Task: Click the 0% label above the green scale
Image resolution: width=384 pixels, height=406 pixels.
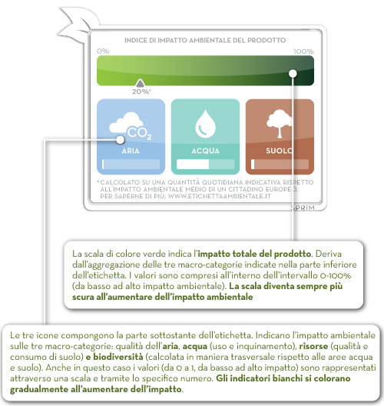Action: (x=103, y=51)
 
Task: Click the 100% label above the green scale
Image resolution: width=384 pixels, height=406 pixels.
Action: (x=303, y=52)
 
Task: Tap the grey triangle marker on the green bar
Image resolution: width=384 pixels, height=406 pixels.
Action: (x=140, y=83)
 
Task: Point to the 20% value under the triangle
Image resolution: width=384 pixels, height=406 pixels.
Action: (x=141, y=92)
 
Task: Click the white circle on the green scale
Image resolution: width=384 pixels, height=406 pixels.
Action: (x=293, y=74)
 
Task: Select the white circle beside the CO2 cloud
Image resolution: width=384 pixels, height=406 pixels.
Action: (x=120, y=140)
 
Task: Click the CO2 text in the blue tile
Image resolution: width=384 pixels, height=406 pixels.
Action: (x=139, y=133)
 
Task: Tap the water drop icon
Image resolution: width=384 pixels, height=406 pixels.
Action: (x=205, y=124)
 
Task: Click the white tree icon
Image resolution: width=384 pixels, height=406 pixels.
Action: (x=280, y=123)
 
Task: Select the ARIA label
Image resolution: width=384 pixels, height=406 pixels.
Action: (x=131, y=151)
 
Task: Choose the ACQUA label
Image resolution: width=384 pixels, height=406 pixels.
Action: (x=205, y=151)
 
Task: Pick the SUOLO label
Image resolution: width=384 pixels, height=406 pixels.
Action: (x=280, y=151)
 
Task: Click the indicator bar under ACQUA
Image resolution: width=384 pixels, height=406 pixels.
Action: (x=205, y=164)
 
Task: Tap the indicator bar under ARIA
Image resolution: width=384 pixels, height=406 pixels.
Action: (x=131, y=164)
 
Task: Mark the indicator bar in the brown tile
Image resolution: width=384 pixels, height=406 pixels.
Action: (x=280, y=164)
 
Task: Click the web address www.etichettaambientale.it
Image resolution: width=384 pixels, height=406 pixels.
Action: (x=220, y=196)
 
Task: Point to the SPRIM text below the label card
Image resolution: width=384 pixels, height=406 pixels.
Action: (x=303, y=208)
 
